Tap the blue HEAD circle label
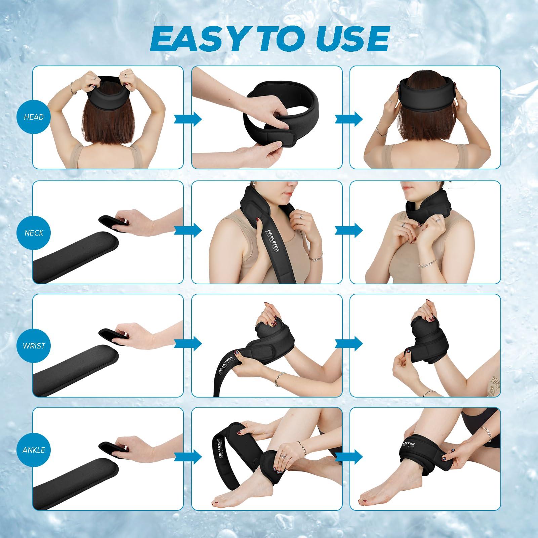pyautogui.click(x=34, y=117)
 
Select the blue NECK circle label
pyautogui.click(x=34, y=233)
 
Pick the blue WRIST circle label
pyautogui.click(x=34, y=345)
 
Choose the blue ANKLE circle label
pyautogui.click(x=34, y=450)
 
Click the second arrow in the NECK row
pyautogui.click(x=348, y=231)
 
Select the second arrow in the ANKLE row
pyautogui.click(x=348, y=456)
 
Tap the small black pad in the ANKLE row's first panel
pyautogui.click(x=114, y=445)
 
